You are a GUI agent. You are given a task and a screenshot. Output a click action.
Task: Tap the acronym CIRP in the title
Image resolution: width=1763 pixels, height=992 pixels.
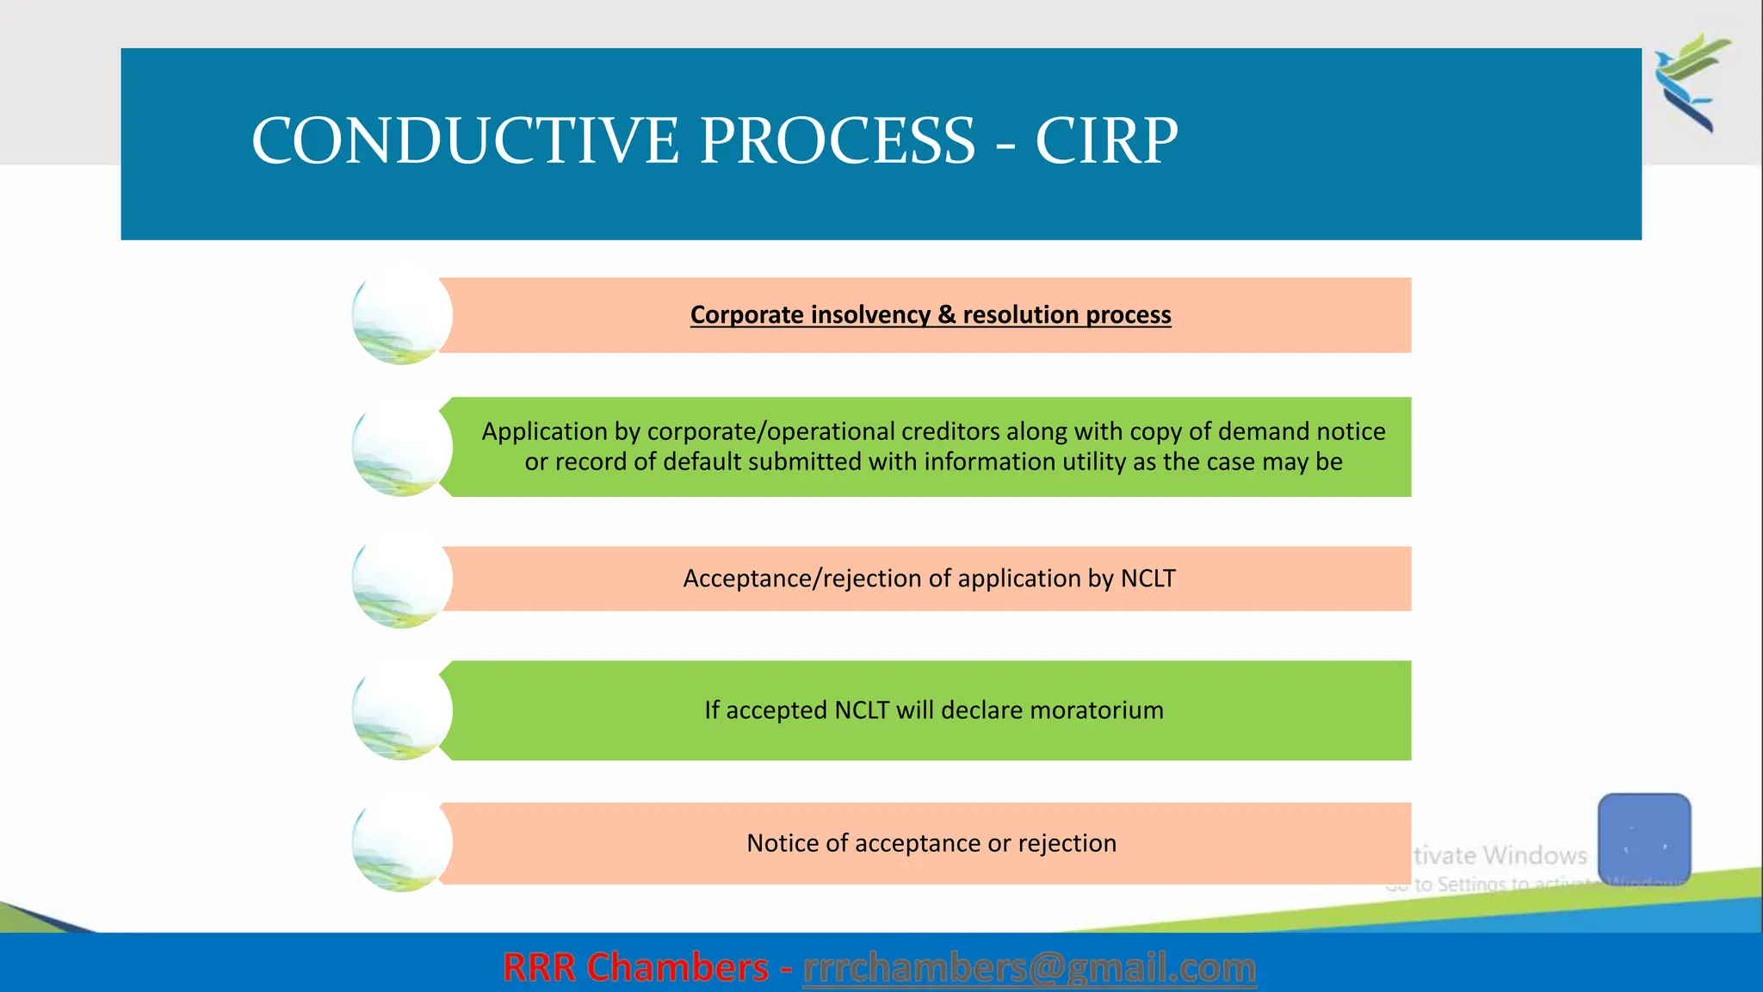tap(1105, 141)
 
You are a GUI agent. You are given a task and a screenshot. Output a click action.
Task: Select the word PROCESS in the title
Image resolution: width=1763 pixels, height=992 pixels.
tap(837, 141)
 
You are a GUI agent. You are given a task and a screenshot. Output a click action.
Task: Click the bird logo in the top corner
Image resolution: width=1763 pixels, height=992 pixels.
tap(1691, 83)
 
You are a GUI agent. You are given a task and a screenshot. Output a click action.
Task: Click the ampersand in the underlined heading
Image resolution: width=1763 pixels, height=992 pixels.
tap(946, 315)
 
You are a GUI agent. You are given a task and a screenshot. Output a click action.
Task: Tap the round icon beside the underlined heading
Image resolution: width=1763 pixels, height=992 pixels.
tap(401, 315)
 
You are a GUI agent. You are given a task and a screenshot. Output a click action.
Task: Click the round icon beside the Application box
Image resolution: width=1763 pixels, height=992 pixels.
tap(401, 447)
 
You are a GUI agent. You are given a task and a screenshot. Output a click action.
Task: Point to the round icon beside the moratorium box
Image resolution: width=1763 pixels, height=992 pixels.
tap(401, 710)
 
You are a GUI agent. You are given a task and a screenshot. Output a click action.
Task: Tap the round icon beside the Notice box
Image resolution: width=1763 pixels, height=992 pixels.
tap(401, 843)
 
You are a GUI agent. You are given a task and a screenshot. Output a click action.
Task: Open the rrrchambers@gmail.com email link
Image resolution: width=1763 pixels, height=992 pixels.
tap(1029, 968)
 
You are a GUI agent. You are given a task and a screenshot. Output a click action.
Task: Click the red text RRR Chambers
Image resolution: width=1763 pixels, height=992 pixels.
tap(635, 968)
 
